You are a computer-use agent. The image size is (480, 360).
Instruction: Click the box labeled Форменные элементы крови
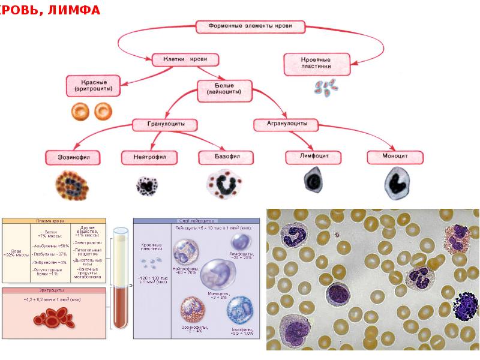click(251, 27)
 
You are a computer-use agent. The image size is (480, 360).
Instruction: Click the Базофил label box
click(226, 158)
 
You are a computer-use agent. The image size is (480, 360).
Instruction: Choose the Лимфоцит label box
click(313, 157)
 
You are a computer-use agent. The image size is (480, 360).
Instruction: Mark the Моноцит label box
click(395, 157)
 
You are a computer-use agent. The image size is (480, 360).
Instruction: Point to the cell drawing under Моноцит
click(395, 182)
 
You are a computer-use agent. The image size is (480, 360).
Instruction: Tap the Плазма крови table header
click(54, 221)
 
